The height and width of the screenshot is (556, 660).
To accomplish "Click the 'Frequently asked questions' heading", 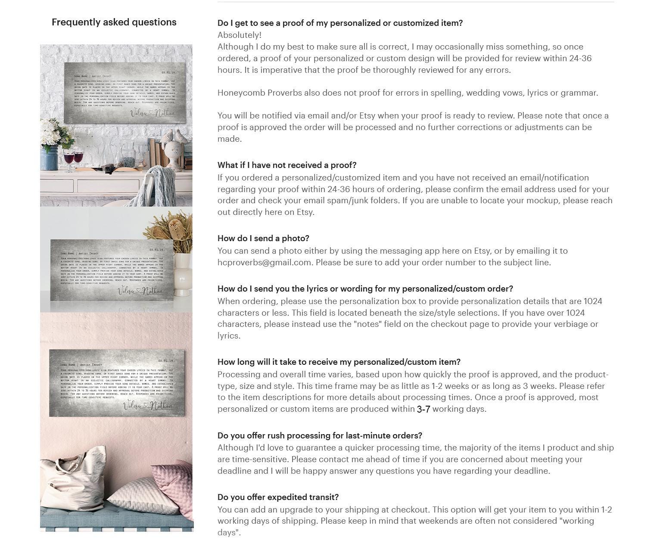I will [x=114, y=22].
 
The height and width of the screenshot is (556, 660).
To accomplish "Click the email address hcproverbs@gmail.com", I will [x=264, y=262].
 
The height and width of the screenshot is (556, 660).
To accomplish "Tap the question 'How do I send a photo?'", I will [x=263, y=238].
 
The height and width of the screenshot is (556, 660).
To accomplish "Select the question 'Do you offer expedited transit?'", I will [x=278, y=497].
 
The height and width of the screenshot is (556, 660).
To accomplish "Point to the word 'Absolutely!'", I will [x=240, y=35].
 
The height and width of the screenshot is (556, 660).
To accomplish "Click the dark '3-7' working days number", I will [x=423, y=409].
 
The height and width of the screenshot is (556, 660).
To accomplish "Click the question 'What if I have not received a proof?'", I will [x=287, y=165].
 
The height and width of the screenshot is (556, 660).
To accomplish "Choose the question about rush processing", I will [x=320, y=435].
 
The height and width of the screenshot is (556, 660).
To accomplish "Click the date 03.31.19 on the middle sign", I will [x=156, y=250].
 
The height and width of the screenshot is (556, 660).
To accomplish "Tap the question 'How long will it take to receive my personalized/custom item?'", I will [x=339, y=362].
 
